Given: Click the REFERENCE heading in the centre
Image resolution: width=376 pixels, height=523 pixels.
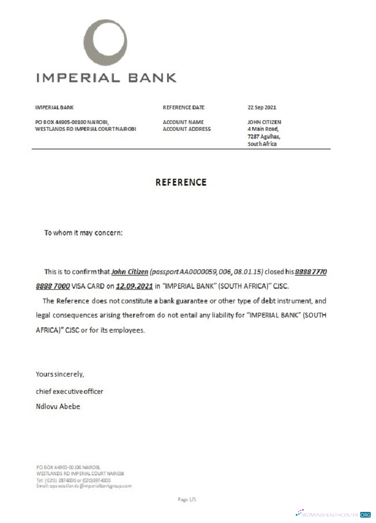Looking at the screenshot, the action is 181,183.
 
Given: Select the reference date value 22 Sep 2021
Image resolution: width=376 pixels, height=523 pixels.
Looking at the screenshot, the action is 262,108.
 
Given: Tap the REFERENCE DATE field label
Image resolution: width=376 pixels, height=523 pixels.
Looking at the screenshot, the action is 183,108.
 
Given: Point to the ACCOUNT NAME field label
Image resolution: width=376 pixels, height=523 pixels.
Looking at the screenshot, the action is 183,122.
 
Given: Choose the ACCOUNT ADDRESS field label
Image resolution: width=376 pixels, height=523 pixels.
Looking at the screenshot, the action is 187,129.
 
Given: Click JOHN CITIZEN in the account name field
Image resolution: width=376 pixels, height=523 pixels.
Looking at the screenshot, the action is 264,122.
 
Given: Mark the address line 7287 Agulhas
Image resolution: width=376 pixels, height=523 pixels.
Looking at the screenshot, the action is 264,137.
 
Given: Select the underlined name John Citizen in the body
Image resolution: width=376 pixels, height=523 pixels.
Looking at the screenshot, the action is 130,272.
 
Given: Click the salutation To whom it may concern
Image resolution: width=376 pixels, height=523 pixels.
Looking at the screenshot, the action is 84,233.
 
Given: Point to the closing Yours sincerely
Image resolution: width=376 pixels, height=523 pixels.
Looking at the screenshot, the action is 60,374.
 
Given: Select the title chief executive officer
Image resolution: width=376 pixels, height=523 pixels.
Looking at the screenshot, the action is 69,391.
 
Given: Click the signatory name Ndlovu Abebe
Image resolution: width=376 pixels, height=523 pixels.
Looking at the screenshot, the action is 58,406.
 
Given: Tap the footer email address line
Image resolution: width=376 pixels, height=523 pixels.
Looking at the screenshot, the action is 84,486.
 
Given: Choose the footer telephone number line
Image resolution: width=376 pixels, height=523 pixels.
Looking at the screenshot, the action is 73,480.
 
